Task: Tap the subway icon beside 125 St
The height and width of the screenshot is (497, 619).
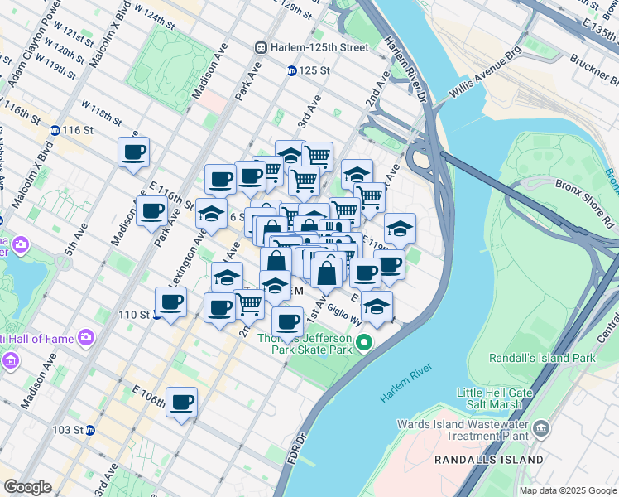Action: (x=291, y=71)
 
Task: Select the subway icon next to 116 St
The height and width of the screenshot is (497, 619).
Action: (x=55, y=130)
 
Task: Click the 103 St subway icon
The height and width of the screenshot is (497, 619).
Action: (x=91, y=430)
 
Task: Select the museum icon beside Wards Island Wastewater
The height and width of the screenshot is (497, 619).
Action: (x=541, y=427)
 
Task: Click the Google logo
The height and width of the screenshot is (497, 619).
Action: (x=27, y=487)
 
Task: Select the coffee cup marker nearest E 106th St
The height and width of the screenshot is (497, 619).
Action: (x=181, y=403)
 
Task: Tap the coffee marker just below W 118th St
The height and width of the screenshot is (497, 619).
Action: (x=133, y=152)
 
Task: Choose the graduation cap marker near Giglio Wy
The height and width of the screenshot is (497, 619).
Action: (x=377, y=305)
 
